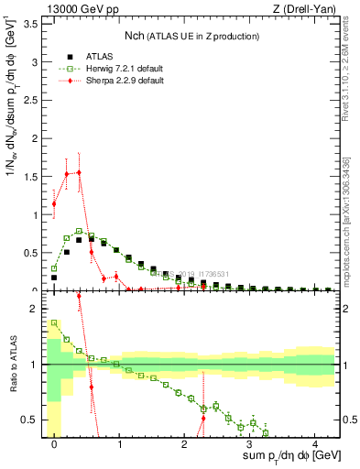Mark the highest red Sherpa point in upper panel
point(80,172)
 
